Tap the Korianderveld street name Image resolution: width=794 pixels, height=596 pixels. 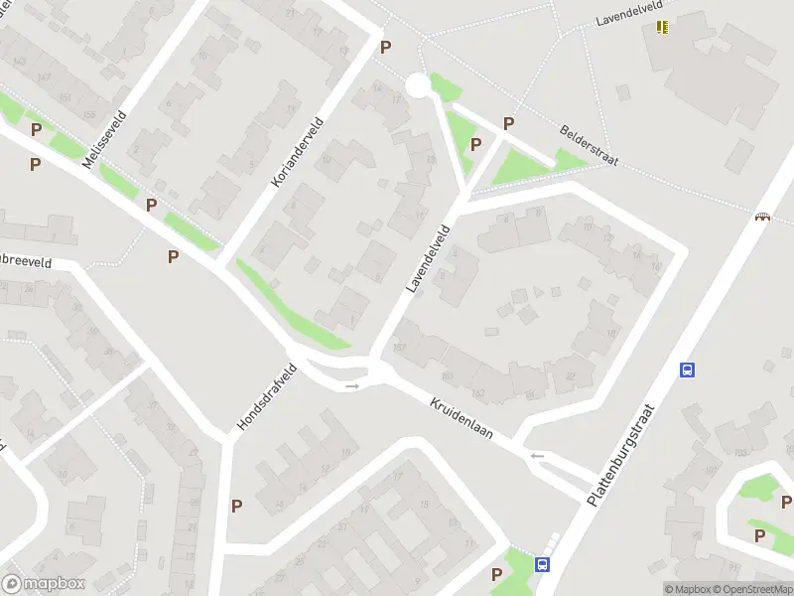pos(297,153)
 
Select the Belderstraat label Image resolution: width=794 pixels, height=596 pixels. pos(589,145)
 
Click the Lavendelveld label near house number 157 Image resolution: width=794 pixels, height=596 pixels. pos(428,258)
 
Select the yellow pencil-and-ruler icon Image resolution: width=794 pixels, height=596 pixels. pos(663,27)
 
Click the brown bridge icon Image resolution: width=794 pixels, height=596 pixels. pos(762,217)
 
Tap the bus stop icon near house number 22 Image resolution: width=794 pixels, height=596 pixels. pos(687,370)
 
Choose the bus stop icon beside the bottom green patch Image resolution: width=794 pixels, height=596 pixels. pos(542,564)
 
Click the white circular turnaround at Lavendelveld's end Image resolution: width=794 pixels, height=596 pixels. pos(418,86)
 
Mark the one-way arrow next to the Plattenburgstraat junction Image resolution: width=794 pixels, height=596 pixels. pos(537,456)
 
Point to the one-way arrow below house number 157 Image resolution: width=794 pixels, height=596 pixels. pos(352,385)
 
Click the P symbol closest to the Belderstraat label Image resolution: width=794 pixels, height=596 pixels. pos(509,123)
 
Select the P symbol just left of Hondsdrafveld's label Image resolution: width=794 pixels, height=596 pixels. pos(236,506)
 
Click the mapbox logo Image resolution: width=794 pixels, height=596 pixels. pos(44,584)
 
